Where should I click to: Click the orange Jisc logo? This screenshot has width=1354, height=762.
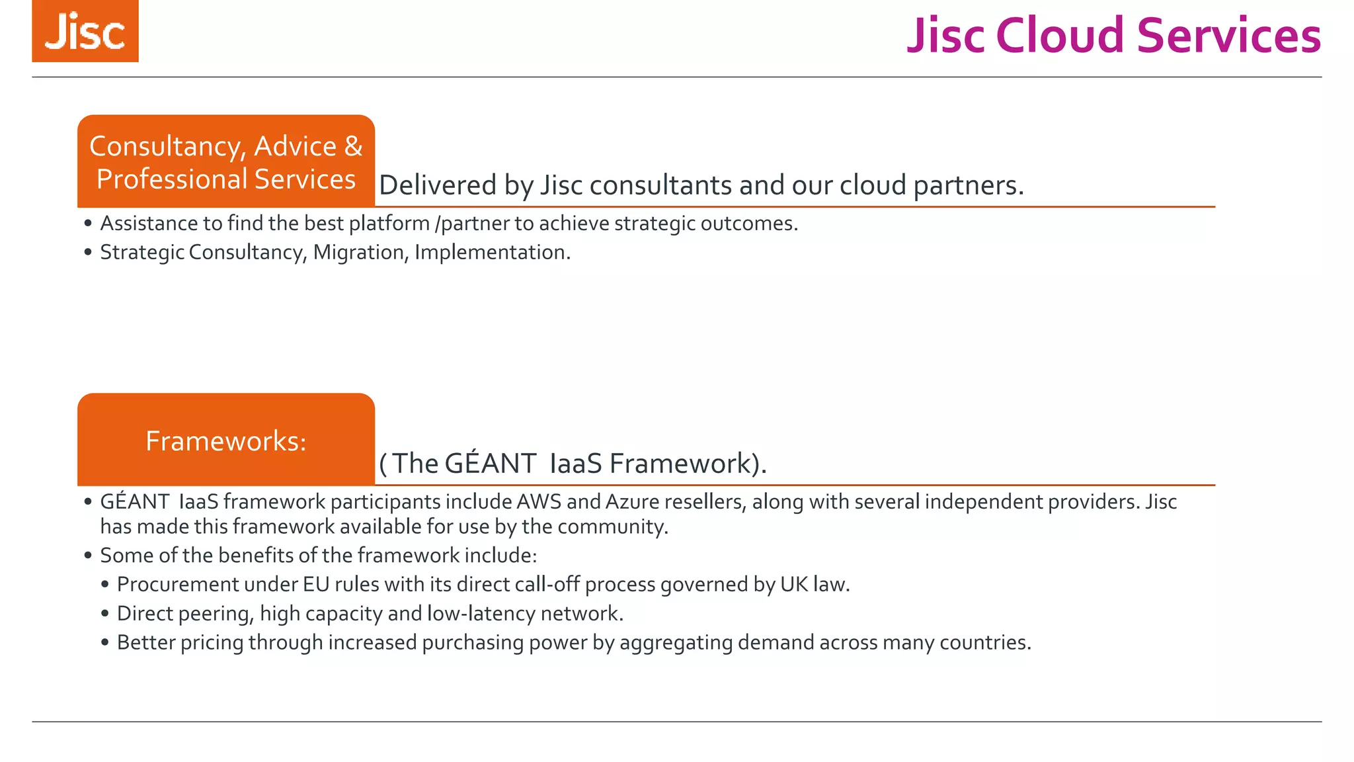coord(85,31)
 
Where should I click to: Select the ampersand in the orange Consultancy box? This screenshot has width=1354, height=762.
coord(354,146)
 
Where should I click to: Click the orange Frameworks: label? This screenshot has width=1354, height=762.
coord(226,441)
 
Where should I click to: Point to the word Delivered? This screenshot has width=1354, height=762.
coord(437,185)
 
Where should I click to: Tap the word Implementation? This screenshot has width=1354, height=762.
coord(492,253)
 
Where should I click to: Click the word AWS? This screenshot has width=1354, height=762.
coord(539,502)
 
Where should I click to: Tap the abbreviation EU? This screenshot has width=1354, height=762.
coord(316,585)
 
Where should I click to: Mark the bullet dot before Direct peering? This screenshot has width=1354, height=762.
coord(105,614)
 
